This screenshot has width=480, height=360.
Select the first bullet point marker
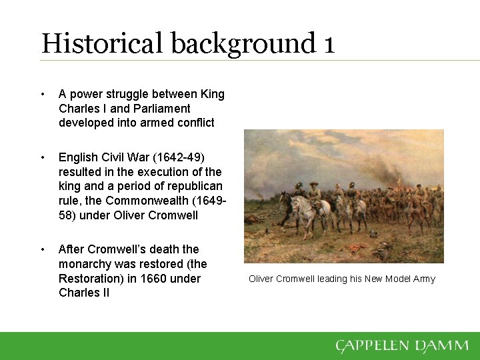pos(43,94)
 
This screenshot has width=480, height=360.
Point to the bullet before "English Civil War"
pos(43,157)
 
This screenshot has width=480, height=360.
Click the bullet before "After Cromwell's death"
pos(43,249)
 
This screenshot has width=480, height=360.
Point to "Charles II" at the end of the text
pos(84,293)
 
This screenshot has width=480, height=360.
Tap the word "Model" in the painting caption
pos(396,279)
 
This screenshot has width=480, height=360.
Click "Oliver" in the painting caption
pos(261,279)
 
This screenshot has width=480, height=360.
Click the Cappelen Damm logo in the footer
pos(401,346)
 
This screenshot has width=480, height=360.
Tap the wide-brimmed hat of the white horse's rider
pos(313,182)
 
